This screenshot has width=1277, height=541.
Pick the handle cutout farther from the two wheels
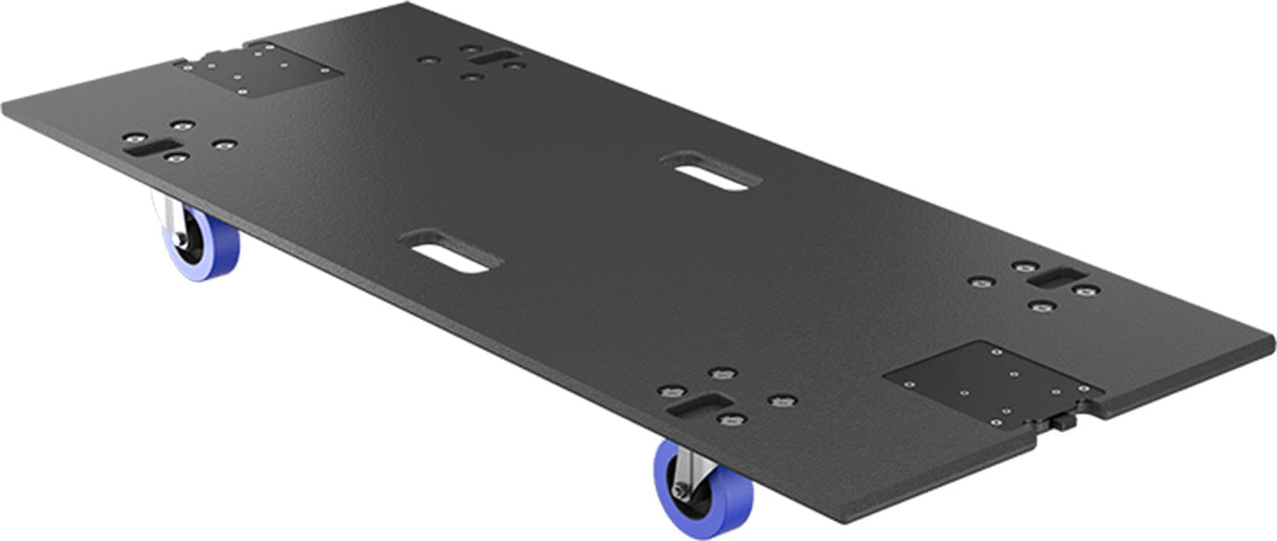coord(711,170)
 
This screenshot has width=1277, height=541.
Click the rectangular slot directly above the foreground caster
coord(698,408)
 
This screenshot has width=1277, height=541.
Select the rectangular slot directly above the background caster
coord(146,148)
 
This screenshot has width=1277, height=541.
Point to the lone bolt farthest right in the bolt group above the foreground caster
coord(780,400)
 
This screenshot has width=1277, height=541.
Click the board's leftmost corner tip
coord(4,113)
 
